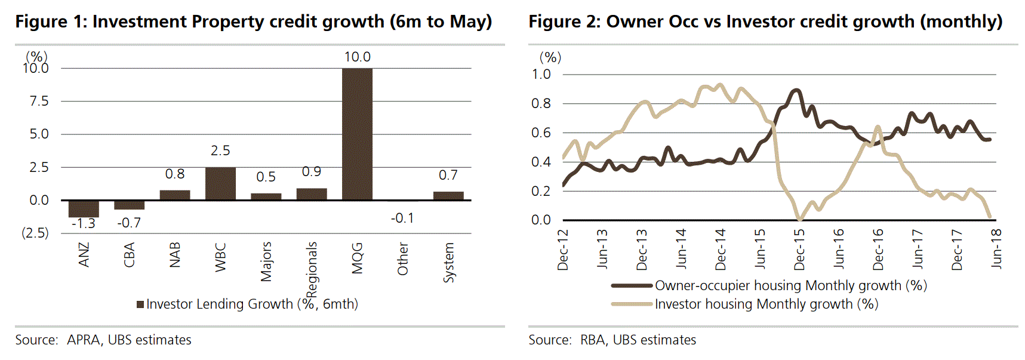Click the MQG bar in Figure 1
click(x=357, y=134)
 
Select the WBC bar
click(x=220, y=183)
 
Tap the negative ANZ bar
click(x=84, y=208)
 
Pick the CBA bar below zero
click(x=129, y=205)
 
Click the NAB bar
click(x=175, y=195)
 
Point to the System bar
click(x=448, y=196)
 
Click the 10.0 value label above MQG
click(x=357, y=57)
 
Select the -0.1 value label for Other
click(x=402, y=218)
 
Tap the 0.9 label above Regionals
click(x=312, y=172)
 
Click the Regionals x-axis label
click(x=312, y=269)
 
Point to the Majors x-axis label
click(x=266, y=261)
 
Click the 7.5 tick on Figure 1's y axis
click(x=39, y=101)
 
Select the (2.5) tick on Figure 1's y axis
click(x=35, y=233)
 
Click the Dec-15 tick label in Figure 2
click(x=799, y=250)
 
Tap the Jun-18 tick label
click(x=996, y=248)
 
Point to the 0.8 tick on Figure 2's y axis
click(x=541, y=103)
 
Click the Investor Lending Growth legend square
click(x=140, y=304)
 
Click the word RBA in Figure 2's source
click(x=592, y=340)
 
